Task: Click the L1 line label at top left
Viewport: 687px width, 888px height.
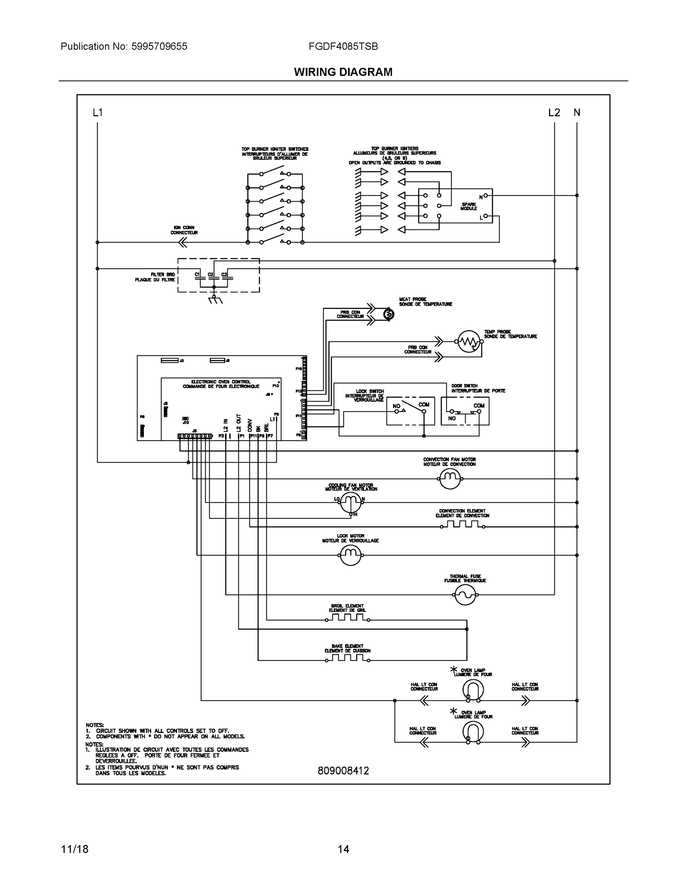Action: pos(98,112)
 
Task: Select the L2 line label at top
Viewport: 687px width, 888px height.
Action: pos(554,112)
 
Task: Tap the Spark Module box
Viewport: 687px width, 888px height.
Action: pos(455,206)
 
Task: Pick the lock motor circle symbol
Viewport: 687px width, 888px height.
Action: pos(350,555)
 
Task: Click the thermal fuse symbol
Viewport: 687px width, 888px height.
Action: pos(465,595)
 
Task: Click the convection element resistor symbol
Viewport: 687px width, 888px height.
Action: pos(462,525)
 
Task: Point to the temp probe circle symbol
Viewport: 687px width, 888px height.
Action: pos(469,342)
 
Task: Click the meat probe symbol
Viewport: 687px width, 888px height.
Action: pos(388,314)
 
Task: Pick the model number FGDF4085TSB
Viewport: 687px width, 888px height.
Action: pos(343,46)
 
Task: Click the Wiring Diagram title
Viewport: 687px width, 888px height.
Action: pos(343,72)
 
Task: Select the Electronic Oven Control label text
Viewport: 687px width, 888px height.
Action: pos(221,384)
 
